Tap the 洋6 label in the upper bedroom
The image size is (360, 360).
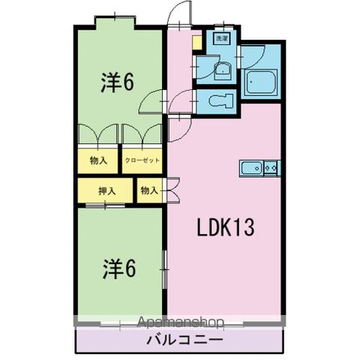(x=118, y=82)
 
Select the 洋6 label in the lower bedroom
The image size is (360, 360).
(x=118, y=268)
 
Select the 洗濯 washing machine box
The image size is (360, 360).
(x=221, y=37)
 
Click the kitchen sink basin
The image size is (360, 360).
(x=251, y=169)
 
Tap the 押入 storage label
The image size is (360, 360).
(x=106, y=190)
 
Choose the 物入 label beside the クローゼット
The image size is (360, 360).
(x=97, y=160)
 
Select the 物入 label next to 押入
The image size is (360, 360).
(x=148, y=190)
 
